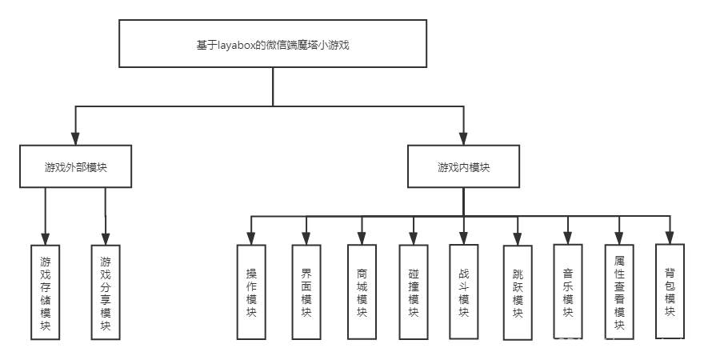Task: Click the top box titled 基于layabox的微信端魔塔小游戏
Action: tap(273, 44)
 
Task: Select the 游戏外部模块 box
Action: tap(76, 166)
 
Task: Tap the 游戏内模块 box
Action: tap(463, 166)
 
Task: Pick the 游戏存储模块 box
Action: tap(46, 292)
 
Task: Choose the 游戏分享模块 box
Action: tap(106, 292)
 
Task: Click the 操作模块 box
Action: tap(251, 291)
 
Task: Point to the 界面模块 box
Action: tap(306, 291)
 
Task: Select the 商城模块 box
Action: tap(362, 291)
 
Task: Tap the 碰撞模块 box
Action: tap(413, 291)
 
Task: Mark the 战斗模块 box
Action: tap(463, 291)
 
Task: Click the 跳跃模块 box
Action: tap(518, 292)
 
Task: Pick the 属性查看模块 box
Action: tap(618, 292)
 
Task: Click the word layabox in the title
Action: tap(234, 45)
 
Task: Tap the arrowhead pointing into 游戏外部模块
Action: tap(76, 138)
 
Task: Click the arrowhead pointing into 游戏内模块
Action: tap(463, 138)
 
